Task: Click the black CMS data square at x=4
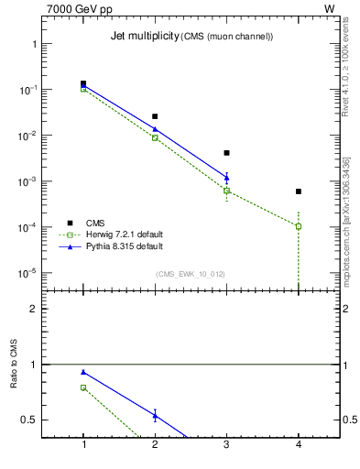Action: tap(299, 191)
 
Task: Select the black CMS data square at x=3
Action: tap(226, 153)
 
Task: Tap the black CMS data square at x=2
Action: tap(155, 116)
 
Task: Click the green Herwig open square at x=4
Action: tap(299, 226)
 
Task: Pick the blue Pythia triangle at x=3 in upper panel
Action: tap(226, 177)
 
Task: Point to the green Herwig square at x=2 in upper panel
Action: tap(155, 137)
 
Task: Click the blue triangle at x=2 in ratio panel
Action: tap(155, 416)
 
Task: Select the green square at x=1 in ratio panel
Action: tap(83, 387)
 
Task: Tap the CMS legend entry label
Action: tap(95, 223)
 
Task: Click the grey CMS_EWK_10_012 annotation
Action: tap(191, 274)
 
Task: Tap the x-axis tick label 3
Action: tap(226, 444)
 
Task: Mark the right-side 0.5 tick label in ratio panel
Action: tap(350, 420)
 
